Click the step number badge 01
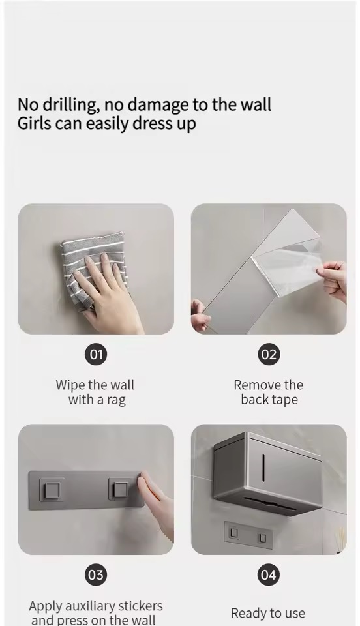coord(96,354)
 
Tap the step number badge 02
coord(269,354)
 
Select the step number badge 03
coord(96,575)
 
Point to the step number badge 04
coord(269,575)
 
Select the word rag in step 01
coord(115,400)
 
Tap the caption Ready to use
coord(268,613)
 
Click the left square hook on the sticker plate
coord(52,490)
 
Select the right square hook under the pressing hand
coord(121,489)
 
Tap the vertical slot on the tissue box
coord(263,467)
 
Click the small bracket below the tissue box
coord(248,535)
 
